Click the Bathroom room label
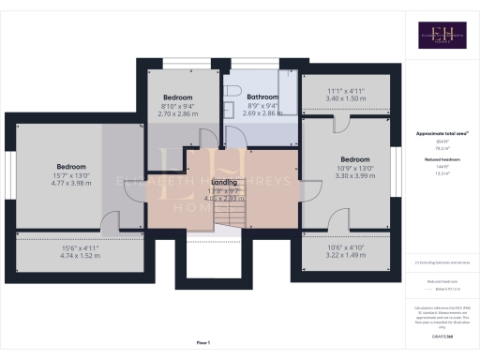pyautogui.click(x=262, y=97)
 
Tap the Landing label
pyautogui.click(x=225, y=182)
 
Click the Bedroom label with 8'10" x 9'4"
pyautogui.click(x=178, y=97)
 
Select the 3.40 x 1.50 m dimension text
pyautogui.click(x=347, y=97)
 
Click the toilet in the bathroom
pyautogui.click(x=231, y=89)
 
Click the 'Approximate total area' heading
pyautogui.click(x=440, y=134)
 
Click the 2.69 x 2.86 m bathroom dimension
pyautogui.click(x=262, y=112)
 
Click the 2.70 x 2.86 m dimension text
pyautogui.click(x=178, y=112)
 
